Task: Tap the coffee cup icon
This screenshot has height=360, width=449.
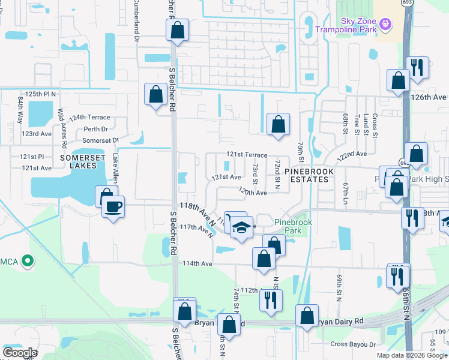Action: [x=112, y=208]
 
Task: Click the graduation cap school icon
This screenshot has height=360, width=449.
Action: [x=241, y=228]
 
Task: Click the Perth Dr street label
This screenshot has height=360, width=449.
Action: [x=96, y=129]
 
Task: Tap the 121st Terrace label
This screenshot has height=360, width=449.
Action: [x=246, y=155]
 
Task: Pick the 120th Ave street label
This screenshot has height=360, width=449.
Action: [x=252, y=192]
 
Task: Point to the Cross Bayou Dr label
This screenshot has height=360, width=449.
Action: [x=353, y=344]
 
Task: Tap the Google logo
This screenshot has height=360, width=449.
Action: [x=20, y=353]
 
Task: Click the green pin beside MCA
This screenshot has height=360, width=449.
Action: [x=27, y=261]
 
